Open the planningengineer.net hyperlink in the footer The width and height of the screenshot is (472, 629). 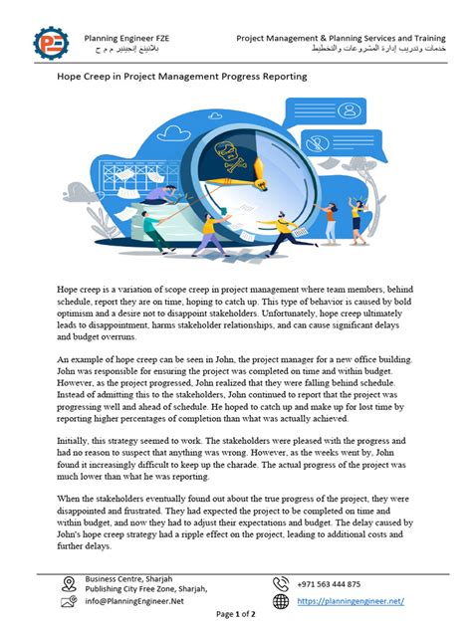351,600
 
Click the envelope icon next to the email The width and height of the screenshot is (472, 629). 68,601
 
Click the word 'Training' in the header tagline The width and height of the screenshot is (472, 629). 425,37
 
